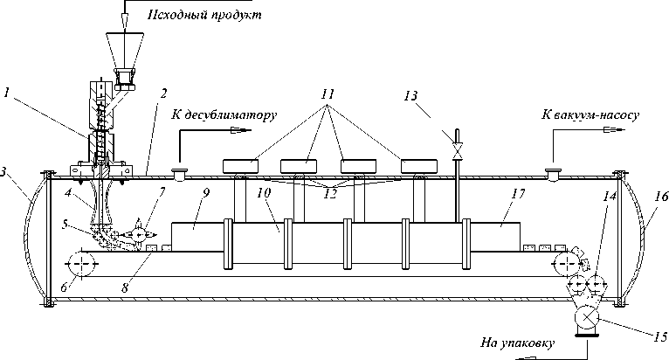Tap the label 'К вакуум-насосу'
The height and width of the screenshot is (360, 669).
point(592,114)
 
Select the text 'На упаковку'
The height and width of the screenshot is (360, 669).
point(517,343)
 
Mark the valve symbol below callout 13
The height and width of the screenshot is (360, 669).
point(453,151)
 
